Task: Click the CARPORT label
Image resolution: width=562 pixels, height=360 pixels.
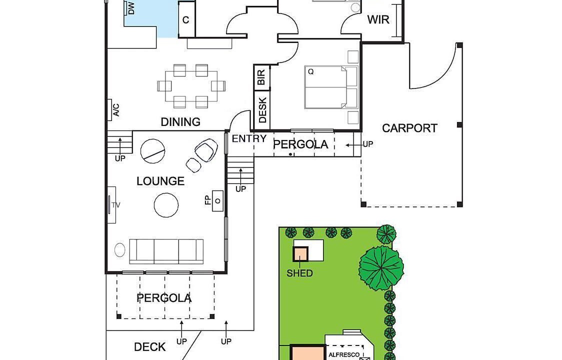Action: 409,128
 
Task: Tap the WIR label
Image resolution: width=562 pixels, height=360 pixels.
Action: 378,19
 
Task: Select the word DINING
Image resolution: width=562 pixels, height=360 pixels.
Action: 180,122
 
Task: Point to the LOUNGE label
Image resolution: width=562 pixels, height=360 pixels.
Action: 160,181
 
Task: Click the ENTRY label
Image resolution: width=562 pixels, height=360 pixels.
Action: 249,138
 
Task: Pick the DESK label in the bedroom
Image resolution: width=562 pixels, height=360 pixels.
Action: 262,110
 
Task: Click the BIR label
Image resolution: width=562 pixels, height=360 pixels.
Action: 261,77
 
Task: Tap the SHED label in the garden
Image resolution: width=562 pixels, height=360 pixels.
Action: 299,273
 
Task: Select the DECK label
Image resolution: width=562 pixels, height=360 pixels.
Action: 150,346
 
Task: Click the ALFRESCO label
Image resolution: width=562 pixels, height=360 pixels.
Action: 343,354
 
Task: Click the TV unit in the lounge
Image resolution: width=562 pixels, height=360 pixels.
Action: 111,204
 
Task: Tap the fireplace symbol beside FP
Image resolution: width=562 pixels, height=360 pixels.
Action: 217,201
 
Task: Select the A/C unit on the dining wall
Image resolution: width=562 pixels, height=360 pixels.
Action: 109,109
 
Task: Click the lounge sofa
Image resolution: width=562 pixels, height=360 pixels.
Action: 166,251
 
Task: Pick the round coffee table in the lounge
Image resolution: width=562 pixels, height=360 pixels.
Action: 166,205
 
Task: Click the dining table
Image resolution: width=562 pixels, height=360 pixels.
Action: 191,86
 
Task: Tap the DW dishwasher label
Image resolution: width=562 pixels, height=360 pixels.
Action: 131,8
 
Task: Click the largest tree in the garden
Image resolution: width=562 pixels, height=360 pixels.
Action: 381,268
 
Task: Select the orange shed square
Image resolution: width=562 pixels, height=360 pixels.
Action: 300,254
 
